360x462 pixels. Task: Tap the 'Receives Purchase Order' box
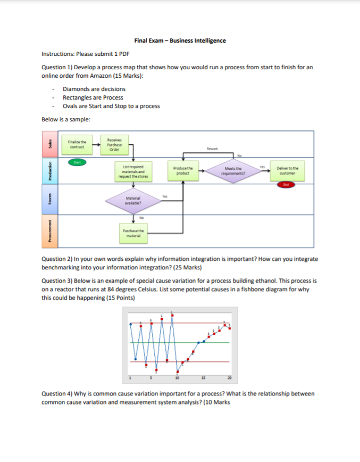coord(112,143)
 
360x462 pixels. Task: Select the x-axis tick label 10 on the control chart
coord(177,378)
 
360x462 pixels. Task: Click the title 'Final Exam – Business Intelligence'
coord(180,40)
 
